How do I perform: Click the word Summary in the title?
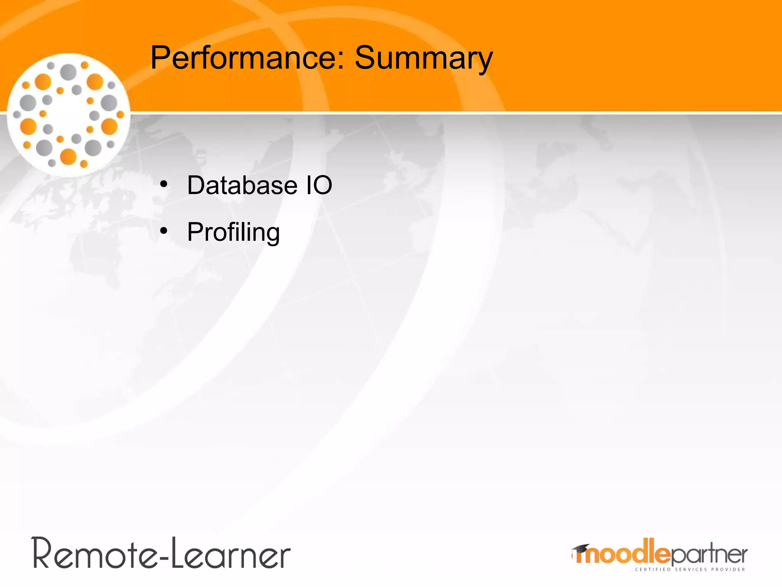click(x=423, y=58)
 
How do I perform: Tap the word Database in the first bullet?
click(x=242, y=185)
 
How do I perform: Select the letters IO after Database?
click(x=319, y=185)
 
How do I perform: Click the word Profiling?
click(x=233, y=232)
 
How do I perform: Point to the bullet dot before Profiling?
click(x=164, y=231)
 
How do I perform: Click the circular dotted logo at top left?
click(x=69, y=115)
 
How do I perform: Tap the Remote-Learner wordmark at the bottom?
click(x=161, y=553)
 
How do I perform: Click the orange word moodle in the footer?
click(x=623, y=553)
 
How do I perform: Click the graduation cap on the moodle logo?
click(x=581, y=549)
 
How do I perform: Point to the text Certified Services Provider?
click(x=690, y=569)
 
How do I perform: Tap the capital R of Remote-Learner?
click(x=42, y=553)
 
